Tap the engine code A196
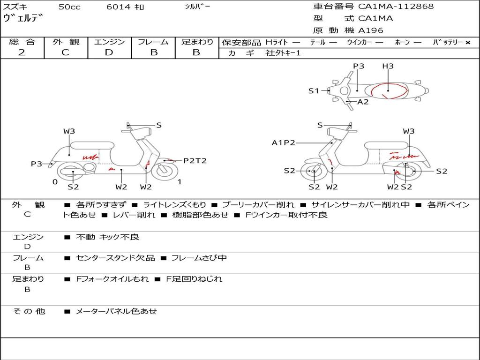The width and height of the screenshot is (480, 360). (371, 30)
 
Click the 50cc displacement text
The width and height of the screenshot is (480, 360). (69, 7)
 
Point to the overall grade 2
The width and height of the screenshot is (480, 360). (22, 52)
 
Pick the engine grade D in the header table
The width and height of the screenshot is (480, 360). (109, 52)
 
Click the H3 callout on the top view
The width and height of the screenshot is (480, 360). (388, 66)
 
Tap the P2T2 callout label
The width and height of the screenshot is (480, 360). (195, 161)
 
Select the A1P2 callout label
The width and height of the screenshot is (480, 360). (284, 143)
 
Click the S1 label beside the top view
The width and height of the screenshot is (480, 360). (314, 91)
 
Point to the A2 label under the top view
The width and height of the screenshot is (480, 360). (363, 102)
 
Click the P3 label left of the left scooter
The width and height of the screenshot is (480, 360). (37, 164)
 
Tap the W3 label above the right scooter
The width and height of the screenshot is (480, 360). (409, 131)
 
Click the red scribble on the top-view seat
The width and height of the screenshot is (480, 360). (388, 91)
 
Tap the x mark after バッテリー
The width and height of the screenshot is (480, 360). (467, 43)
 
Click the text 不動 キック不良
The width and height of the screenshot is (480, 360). (107, 237)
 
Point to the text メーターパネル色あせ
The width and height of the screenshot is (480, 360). (116, 311)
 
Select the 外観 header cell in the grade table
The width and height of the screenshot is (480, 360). (66, 42)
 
